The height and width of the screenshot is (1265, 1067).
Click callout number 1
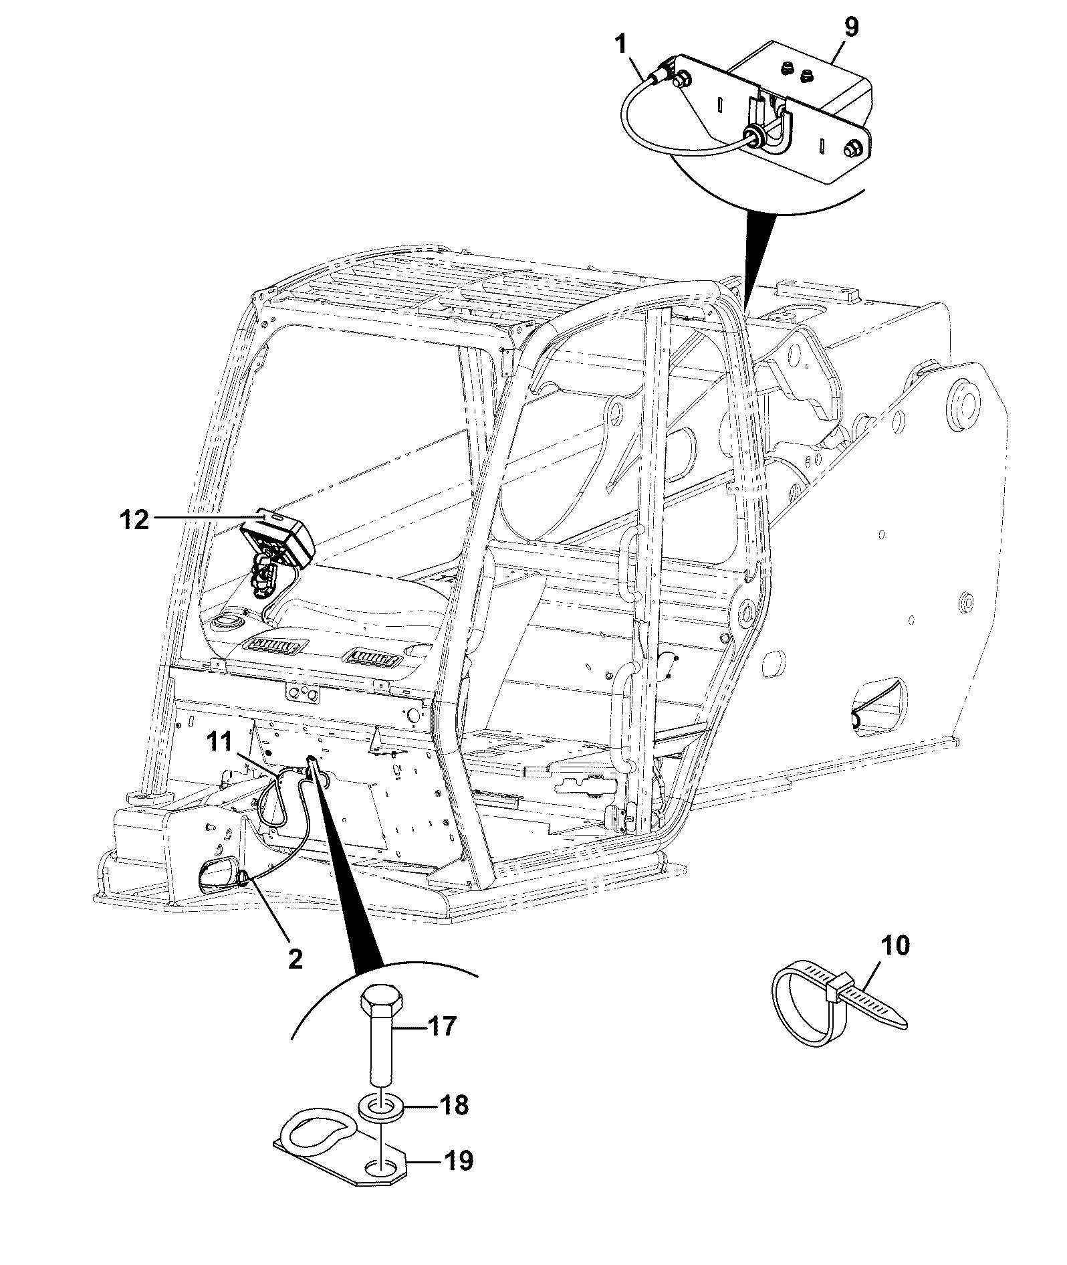[x=622, y=47]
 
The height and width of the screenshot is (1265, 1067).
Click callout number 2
[x=294, y=959]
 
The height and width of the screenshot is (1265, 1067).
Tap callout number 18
[x=454, y=1105]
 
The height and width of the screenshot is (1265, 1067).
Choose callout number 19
[x=459, y=1161]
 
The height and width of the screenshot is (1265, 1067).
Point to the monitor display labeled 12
[x=277, y=539]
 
